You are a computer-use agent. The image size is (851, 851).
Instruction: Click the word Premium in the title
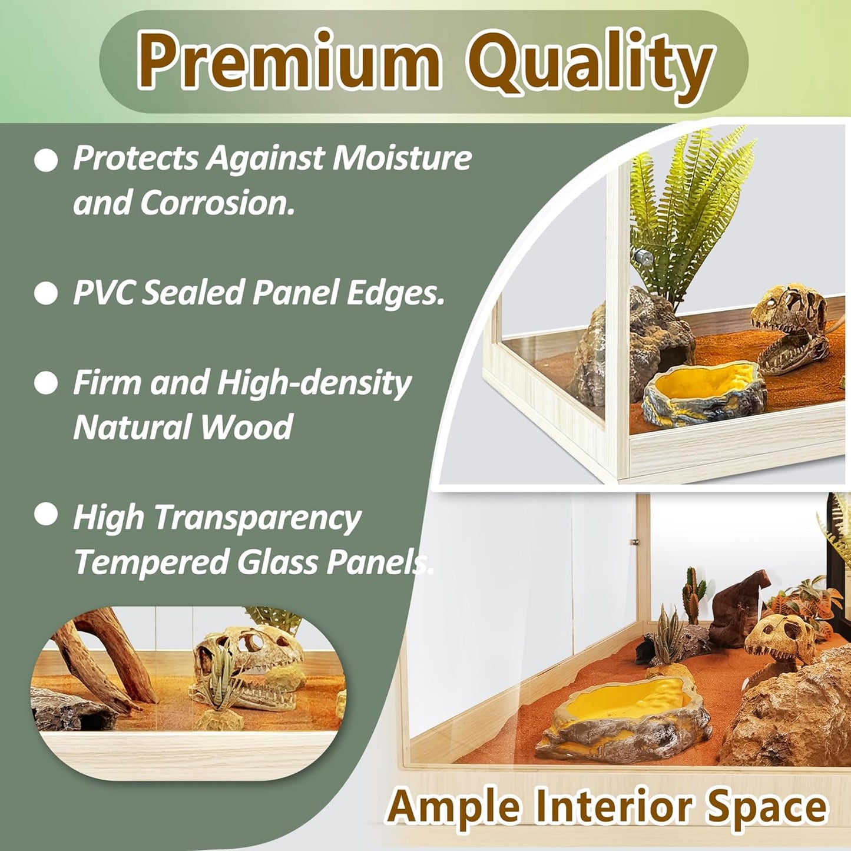[289, 60]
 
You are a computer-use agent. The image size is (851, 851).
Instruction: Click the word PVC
[104, 292]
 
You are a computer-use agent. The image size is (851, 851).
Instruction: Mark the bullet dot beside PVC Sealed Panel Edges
[46, 293]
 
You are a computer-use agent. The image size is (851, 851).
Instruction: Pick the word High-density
[313, 383]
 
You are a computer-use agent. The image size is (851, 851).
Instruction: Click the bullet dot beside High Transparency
[46, 514]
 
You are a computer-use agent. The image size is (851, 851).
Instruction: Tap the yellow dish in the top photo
[704, 392]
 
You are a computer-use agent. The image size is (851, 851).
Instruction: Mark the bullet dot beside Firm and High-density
[46, 383]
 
